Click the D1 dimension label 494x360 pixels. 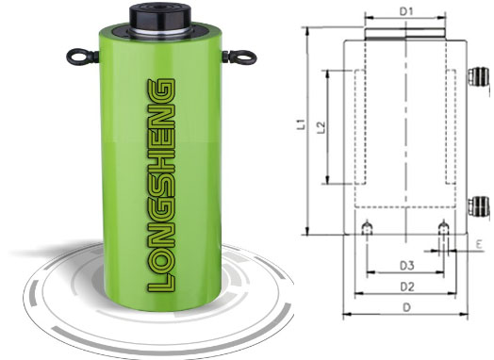pos(406,11)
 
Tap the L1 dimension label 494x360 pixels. pos(303,124)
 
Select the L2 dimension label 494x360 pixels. pos(321,127)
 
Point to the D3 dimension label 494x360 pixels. pos(406,266)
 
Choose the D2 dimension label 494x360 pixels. pos(407,286)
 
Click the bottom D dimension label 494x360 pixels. pos(407,307)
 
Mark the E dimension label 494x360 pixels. pos(479,244)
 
